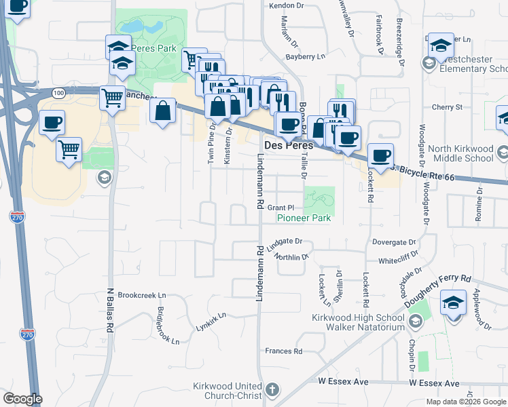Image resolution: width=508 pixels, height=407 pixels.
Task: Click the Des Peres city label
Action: [288, 146]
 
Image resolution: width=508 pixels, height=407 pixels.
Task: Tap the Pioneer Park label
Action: [303, 218]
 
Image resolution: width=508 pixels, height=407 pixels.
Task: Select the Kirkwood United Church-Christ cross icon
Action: [272, 390]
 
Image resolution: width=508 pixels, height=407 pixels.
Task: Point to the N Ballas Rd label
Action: [109, 309]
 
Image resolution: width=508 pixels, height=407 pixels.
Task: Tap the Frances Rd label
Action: [283, 351]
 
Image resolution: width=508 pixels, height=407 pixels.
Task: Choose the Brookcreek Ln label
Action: [141, 296]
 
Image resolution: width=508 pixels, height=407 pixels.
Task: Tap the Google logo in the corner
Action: [22, 399]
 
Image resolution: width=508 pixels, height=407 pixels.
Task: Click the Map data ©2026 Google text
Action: [465, 402]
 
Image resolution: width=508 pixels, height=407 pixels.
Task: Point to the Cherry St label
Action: [447, 107]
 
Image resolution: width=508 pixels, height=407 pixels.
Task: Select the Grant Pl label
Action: [280, 208]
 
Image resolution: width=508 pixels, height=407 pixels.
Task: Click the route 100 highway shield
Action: [58, 92]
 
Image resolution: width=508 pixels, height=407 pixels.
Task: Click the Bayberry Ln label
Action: [302, 57]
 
